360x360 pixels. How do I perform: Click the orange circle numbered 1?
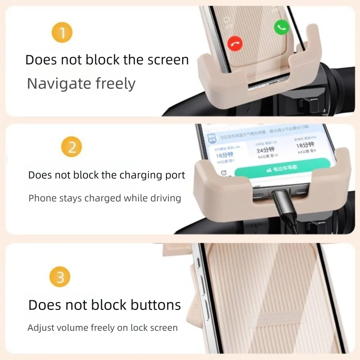(62, 33)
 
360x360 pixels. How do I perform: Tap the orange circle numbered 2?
(72, 147)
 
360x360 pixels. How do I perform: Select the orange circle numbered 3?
(60, 277)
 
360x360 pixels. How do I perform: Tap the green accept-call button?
(282, 27)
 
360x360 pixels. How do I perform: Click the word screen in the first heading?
(166, 60)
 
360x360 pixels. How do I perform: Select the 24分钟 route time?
(265, 150)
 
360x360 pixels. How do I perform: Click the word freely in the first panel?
(116, 84)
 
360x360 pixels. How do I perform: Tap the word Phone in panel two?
(40, 198)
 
